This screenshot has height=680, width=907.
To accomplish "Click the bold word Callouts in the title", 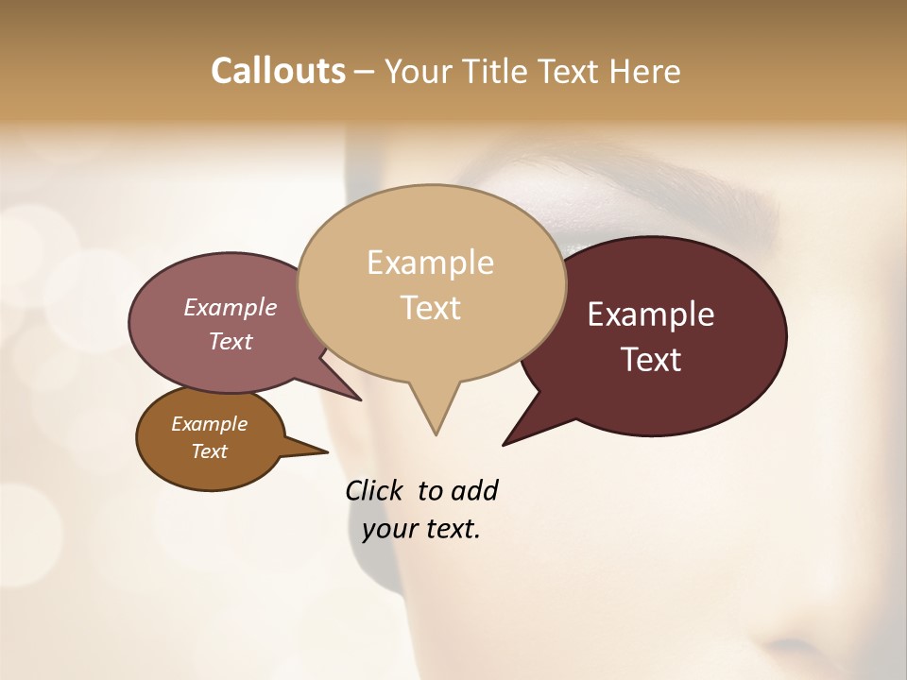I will point(278,71).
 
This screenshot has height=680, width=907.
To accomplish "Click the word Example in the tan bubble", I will point(430,263).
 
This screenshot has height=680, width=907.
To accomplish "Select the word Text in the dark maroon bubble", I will point(651,360).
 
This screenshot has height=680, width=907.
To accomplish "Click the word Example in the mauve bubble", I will point(230,307).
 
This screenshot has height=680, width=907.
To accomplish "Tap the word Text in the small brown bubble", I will point(210,451).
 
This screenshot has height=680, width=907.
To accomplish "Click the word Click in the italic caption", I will point(376,490).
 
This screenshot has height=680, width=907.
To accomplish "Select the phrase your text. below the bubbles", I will point(421,529).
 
